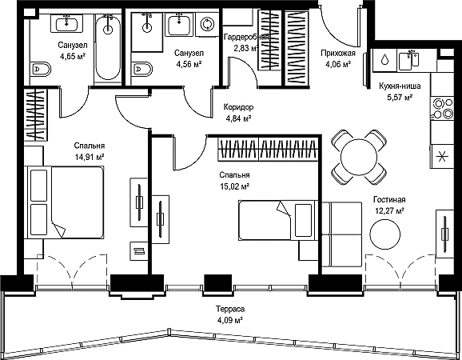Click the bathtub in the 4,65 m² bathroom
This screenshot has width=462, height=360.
coord(108,47)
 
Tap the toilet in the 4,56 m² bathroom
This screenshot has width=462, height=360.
coord(142,70)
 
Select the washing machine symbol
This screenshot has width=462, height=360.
coord(208,24)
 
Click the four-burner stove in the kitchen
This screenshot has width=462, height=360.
coord(442,108)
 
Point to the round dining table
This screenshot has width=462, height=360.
coord(359,157)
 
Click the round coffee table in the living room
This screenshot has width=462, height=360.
coord(384,234)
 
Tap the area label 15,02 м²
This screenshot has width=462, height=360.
coord(234,186)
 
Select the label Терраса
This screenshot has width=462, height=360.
coord(230,309)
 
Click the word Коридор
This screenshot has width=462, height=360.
coord(238,107)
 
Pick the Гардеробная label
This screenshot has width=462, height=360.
coord(246,37)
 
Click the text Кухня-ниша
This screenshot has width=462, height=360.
coord(400,86)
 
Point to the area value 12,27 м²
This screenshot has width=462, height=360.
coord(389,211)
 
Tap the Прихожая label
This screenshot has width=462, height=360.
coord(338,53)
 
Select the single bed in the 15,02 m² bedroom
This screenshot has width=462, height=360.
coord(277,220)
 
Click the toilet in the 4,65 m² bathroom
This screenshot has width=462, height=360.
coord(40,70)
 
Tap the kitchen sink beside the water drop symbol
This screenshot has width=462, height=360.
coord(408,60)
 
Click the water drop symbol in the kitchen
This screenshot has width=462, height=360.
coord(384,59)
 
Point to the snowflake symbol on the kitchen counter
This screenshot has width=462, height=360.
coord(442,156)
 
